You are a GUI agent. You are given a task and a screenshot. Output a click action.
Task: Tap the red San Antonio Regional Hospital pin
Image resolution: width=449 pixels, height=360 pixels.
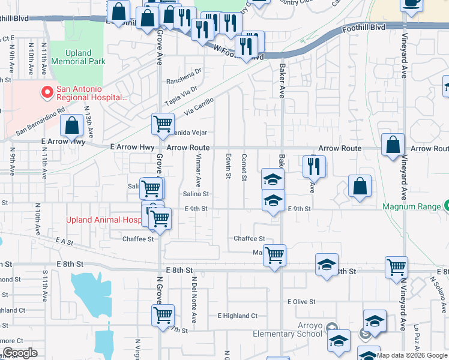(x=45, y=92)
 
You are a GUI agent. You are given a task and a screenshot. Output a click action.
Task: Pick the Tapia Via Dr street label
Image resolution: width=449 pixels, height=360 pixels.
(x=182, y=94)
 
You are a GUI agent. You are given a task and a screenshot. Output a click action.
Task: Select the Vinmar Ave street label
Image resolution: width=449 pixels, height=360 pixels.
(x=197, y=170)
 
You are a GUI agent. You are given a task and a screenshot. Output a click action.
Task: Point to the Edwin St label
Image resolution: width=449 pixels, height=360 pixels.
(x=229, y=166)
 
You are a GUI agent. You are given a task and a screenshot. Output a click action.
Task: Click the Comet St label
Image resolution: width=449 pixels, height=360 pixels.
(x=244, y=166)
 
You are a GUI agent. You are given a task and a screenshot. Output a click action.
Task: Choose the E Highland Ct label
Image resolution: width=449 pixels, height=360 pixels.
(x=237, y=316)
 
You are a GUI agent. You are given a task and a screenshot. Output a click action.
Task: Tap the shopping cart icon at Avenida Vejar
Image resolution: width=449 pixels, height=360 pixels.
(x=163, y=124)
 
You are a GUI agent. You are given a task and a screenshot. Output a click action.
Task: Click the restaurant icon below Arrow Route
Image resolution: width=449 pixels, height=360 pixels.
(x=314, y=166)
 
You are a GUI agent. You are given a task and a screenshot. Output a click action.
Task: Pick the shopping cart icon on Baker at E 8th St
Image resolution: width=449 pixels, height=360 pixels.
(x=274, y=255)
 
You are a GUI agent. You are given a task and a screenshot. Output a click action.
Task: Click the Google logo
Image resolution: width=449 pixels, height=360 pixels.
(x=20, y=353)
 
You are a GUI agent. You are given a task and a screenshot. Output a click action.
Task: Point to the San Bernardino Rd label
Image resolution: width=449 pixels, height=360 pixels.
(x=40, y=121)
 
